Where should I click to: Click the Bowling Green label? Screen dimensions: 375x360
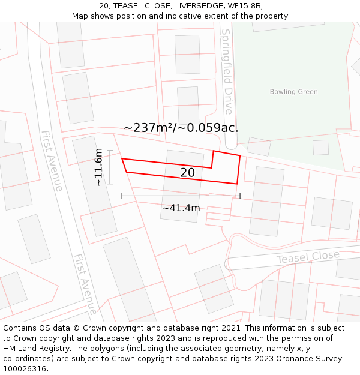(293, 92)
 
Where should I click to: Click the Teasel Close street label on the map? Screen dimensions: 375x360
(308, 257)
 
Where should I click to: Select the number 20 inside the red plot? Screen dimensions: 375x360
(187, 173)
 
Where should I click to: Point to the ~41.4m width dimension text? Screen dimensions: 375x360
(181, 208)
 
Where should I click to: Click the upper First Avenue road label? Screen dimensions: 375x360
(52, 161)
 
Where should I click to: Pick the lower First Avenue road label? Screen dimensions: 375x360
(85, 284)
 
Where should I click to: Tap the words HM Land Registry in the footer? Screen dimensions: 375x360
(34, 349)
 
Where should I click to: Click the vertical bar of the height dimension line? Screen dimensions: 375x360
(110, 167)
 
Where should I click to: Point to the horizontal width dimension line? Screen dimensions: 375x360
(181, 196)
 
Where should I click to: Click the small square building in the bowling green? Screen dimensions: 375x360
(320, 148)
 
